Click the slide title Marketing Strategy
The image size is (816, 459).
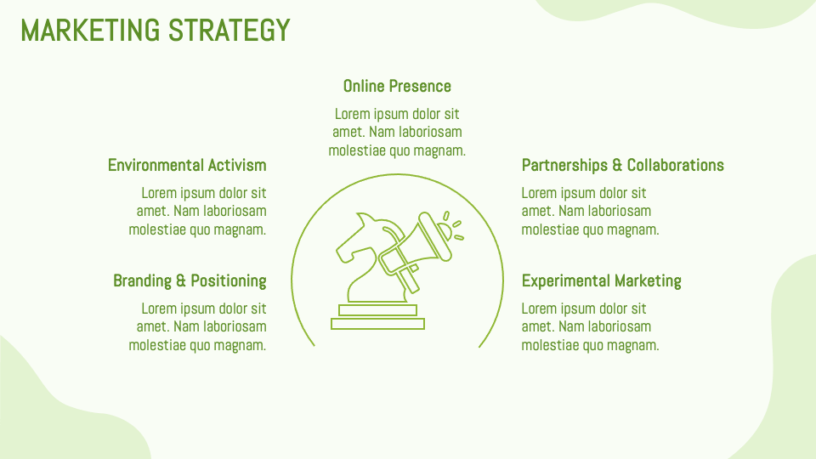click(156, 31)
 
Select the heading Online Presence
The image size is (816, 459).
click(397, 86)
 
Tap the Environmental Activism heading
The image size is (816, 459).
click(187, 165)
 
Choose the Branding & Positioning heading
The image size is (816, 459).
click(190, 280)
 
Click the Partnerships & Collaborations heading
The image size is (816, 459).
click(622, 165)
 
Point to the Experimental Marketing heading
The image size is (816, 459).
click(601, 280)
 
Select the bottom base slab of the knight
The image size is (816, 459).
click(377, 324)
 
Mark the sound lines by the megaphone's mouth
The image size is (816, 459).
click(456, 225)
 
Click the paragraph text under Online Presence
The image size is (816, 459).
click(397, 132)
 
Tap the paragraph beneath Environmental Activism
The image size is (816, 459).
click(198, 211)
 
